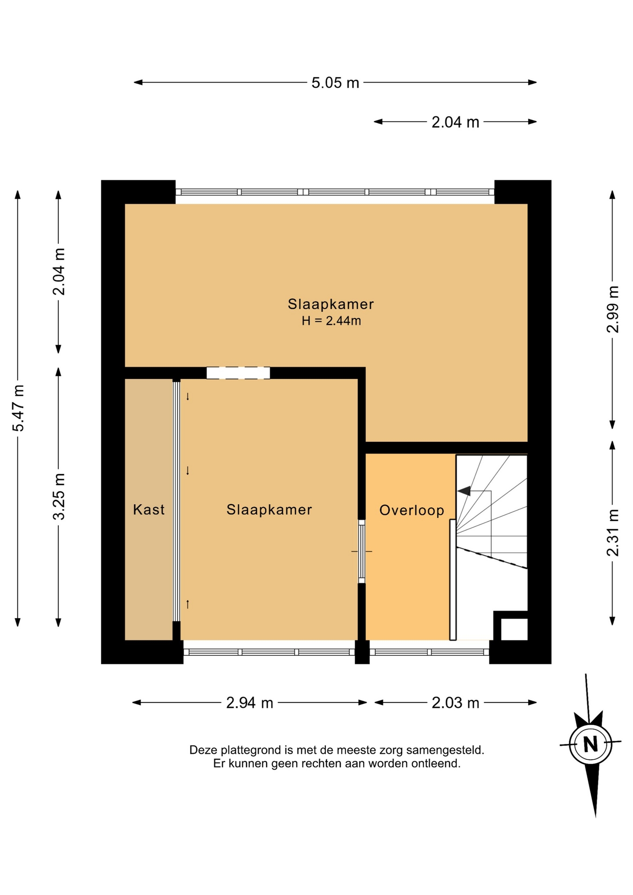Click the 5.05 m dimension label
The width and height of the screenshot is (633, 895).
tap(335, 83)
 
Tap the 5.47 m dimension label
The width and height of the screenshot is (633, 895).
tap(19, 408)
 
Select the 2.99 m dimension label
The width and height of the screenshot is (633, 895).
tap(612, 309)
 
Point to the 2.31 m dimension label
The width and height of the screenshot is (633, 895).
tap(612, 533)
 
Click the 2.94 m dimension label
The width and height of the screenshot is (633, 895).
tap(249, 702)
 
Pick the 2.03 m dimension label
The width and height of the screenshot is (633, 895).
tap(455, 702)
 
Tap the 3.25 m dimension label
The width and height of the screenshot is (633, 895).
tap(59, 496)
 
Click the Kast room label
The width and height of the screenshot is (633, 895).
tap(149, 509)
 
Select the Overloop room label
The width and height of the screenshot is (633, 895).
tap(412, 510)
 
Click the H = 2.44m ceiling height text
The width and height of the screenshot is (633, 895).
tap(331, 321)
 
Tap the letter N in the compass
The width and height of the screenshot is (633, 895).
tap(591, 744)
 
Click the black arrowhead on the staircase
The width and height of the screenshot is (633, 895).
tap(464, 491)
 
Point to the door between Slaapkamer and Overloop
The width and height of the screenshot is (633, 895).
tap(362, 551)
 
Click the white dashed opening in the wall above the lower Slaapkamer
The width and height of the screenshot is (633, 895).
tap(238, 373)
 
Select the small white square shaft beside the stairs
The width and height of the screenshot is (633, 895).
tap(514, 629)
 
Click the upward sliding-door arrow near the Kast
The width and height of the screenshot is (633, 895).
tap(188, 604)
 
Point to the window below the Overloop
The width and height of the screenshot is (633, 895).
tap(429, 652)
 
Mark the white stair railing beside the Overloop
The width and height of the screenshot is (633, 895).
tap(453, 580)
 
